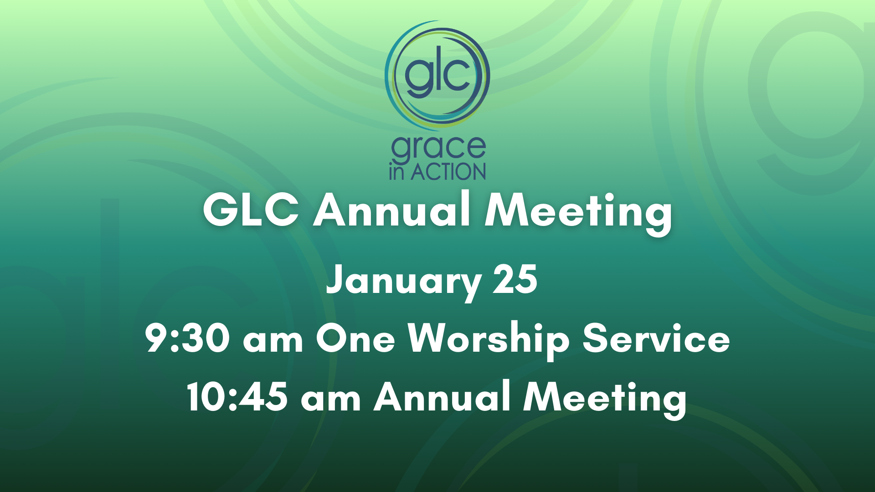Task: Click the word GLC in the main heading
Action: tap(251, 210)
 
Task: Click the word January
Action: tap(404, 282)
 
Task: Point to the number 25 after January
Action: tap(515, 279)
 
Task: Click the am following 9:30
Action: tap(273, 341)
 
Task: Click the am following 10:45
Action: tap(331, 400)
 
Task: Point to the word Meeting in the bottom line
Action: tap(605, 399)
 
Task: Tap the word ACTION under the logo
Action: tap(448, 172)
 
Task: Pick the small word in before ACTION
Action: tap(396, 172)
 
